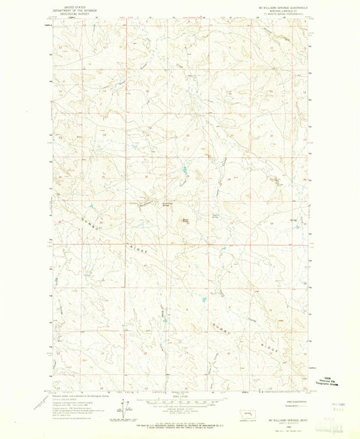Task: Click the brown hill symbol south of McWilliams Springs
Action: (185, 221)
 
